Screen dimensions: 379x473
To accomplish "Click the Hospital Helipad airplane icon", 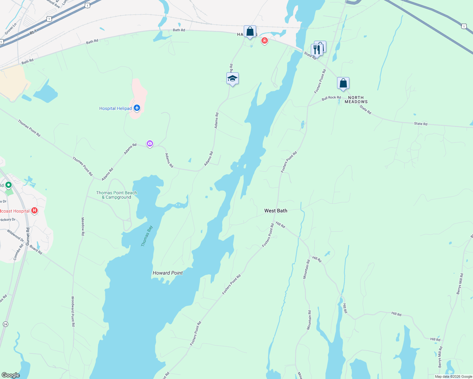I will [x=137, y=108].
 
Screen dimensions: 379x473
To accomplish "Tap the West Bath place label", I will [x=276, y=211].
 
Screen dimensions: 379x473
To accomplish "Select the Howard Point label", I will [x=168, y=273].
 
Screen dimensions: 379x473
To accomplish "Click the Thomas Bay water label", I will [x=147, y=236].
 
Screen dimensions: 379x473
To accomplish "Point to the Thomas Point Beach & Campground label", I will [x=116, y=195].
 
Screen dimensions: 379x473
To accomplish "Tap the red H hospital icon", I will [x=35, y=211].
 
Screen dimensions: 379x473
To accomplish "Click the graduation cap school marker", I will [x=232, y=79].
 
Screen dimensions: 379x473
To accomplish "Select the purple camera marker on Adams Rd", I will [x=150, y=144].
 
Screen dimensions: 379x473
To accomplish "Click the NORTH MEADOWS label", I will [x=356, y=100].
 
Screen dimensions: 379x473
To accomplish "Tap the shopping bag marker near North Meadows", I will [x=343, y=84].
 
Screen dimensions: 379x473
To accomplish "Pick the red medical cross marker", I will [x=265, y=41].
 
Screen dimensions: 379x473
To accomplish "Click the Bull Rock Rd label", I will [x=331, y=98].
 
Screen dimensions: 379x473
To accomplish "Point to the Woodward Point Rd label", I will [x=73, y=311].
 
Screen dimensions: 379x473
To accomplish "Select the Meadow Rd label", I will [x=83, y=226].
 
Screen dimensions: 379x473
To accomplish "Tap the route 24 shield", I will [x=5, y=324].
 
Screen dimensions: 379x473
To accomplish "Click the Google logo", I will [x=11, y=375].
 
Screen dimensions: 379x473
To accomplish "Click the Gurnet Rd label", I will [x=28, y=236].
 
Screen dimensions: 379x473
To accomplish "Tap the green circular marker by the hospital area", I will [x=9, y=185].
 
